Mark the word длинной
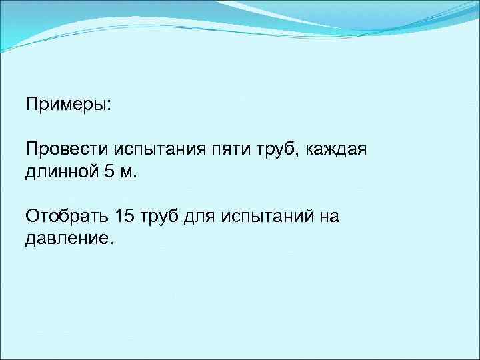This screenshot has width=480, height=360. [61, 172]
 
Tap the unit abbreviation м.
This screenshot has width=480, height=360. [129, 173]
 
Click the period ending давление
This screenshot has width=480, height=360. [111, 243]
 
